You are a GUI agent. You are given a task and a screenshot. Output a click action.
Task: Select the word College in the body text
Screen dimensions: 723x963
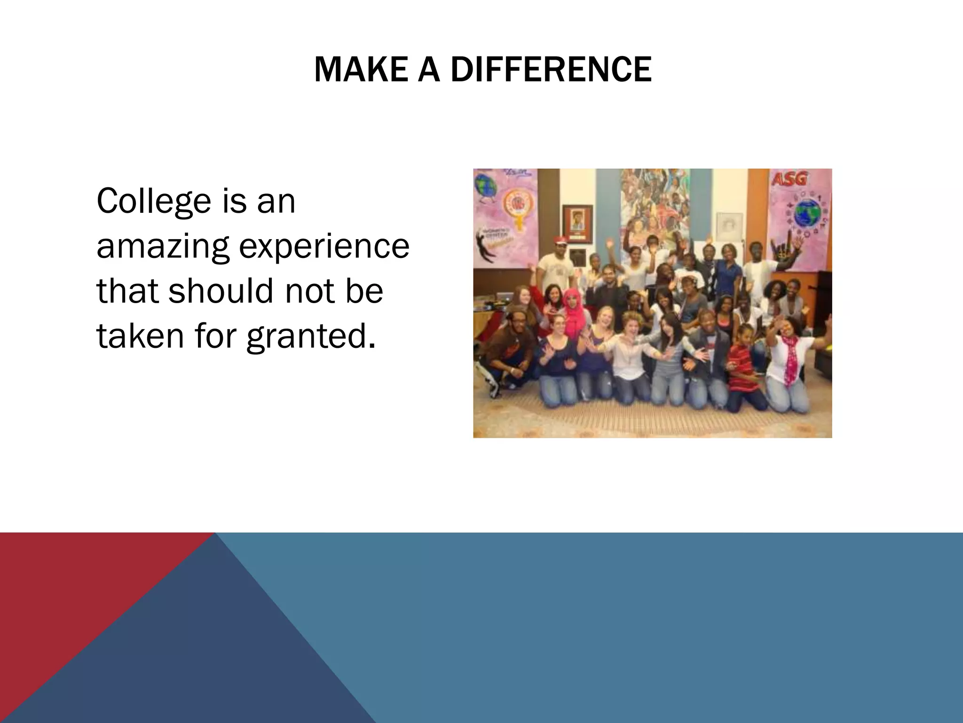[x=154, y=201]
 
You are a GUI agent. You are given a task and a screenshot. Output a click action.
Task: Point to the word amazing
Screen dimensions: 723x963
[x=163, y=247]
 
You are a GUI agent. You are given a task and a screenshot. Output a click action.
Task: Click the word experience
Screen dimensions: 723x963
[x=324, y=247]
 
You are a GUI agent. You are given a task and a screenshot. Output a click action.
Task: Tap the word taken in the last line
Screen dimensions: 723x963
[x=140, y=336]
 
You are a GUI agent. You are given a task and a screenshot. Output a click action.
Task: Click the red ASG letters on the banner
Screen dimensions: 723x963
[x=789, y=179]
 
